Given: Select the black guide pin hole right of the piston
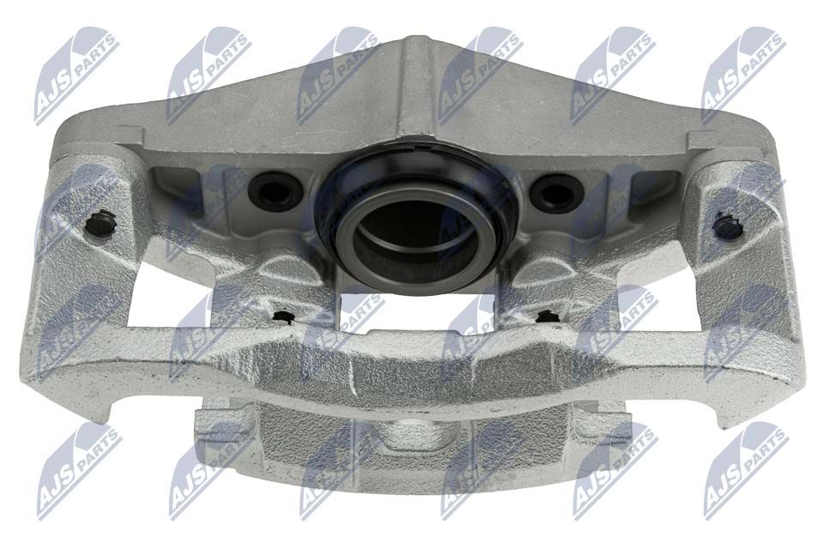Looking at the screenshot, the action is tap(556, 193).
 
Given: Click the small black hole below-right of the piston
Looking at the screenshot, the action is tap(547, 316).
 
